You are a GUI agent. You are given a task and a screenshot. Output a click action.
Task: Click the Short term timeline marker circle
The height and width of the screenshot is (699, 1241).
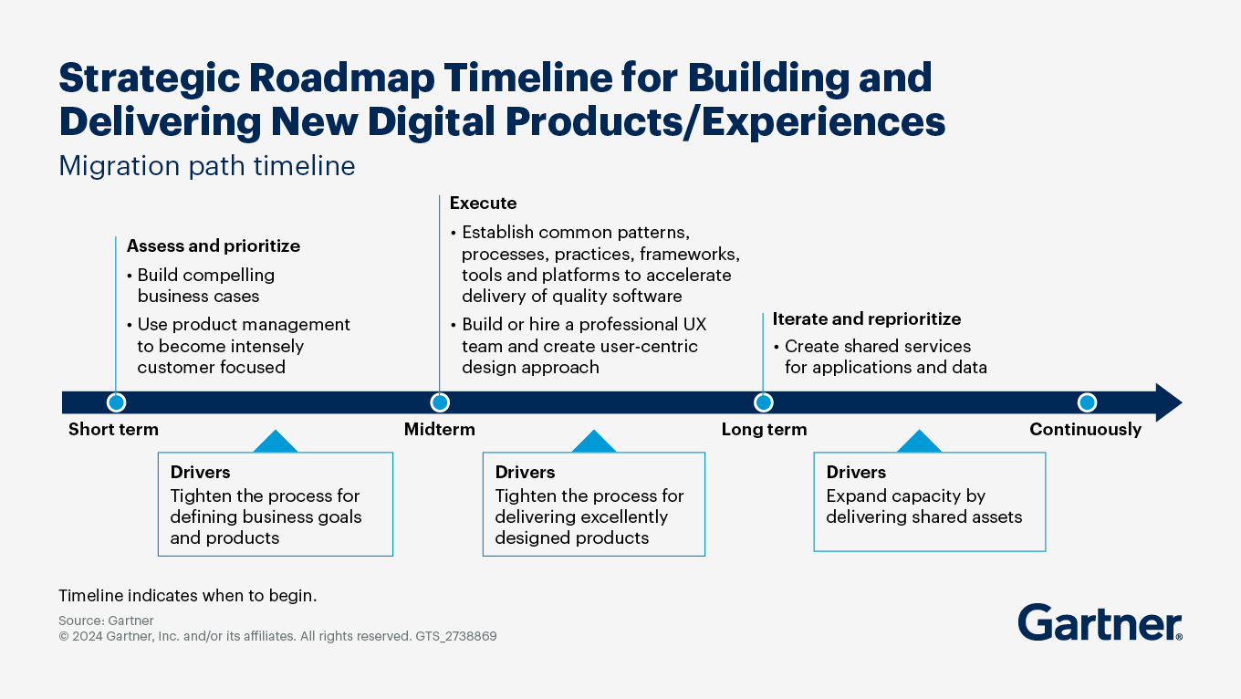tap(116, 402)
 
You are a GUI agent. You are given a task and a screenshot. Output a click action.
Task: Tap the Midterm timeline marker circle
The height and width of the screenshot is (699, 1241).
tap(440, 402)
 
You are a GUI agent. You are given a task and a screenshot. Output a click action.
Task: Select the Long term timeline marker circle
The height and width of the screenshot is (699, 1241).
tap(764, 402)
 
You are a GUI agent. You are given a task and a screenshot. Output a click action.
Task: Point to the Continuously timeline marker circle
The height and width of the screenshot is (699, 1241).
tap(1087, 402)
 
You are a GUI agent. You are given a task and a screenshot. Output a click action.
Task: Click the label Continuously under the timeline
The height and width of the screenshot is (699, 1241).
tap(1085, 430)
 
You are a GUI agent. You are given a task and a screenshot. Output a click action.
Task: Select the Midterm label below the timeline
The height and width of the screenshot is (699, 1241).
tap(439, 430)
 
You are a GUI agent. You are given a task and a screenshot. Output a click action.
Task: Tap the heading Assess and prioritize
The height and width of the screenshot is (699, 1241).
tap(213, 246)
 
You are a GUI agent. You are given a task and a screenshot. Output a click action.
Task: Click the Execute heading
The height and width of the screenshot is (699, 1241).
tap(483, 203)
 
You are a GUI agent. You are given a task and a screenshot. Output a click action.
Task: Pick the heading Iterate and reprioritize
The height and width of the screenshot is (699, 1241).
tap(866, 319)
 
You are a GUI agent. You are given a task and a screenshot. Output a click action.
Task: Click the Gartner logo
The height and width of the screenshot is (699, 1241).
tap(1100, 622)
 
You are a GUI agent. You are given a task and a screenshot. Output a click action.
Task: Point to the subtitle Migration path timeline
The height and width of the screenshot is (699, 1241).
tap(206, 166)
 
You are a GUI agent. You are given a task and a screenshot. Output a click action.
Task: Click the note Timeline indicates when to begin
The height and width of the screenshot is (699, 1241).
tap(187, 596)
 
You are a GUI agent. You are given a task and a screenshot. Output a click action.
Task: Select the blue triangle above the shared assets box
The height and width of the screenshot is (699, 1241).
tap(919, 443)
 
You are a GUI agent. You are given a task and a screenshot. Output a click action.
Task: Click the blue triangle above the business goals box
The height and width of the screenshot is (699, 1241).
tap(275, 443)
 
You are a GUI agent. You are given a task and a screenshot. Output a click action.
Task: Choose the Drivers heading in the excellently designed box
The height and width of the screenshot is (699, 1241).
tap(525, 473)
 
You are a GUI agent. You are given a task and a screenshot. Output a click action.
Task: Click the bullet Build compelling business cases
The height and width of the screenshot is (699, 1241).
tap(205, 286)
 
